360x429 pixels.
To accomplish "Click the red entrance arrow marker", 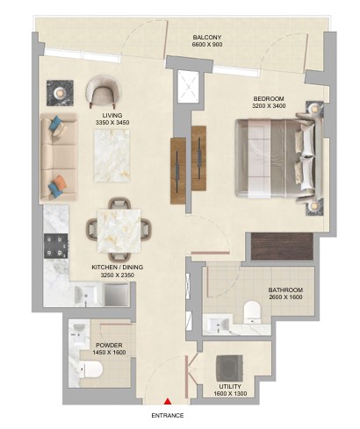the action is [x=168, y=401].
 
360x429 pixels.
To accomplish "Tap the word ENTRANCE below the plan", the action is [x=168, y=415].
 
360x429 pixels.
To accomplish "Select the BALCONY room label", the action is [x=207, y=38].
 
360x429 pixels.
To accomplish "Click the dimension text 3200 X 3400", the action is [x=269, y=106].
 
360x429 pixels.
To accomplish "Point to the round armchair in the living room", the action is [x=103, y=90].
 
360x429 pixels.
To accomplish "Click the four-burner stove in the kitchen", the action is [x=56, y=246].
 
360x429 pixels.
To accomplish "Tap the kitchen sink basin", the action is [x=85, y=294].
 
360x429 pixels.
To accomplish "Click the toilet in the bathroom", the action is [x=252, y=312].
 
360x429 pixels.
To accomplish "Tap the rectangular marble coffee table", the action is [x=112, y=155].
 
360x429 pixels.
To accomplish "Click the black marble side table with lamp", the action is [x=60, y=93].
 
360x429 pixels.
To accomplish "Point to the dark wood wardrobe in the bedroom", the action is [x=282, y=247].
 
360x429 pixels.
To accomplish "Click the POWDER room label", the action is [x=109, y=346].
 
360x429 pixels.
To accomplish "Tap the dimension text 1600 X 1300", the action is [x=230, y=394].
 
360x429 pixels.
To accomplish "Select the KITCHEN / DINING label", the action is [x=118, y=268].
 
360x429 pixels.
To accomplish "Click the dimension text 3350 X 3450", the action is [x=112, y=123].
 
